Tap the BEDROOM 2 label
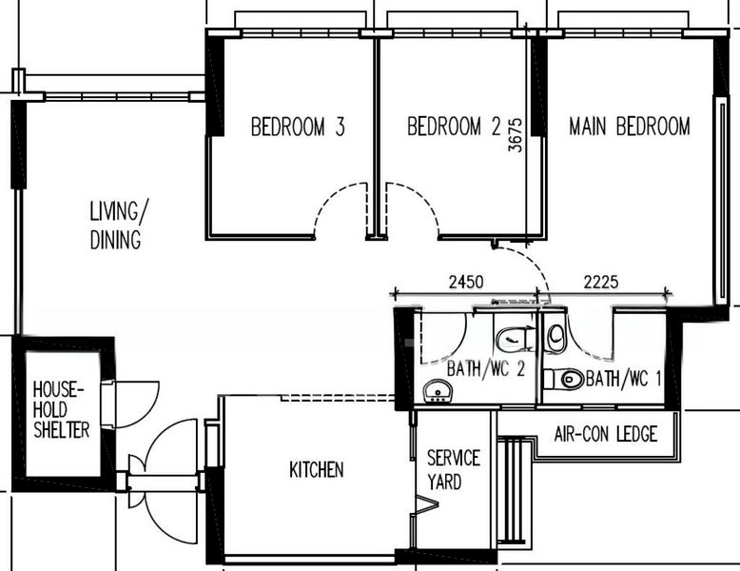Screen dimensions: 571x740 (454, 127)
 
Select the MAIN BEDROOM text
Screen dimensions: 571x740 (629, 127)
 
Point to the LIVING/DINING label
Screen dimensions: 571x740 (116, 225)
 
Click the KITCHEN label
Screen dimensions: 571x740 (316, 469)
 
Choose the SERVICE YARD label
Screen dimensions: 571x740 (453, 470)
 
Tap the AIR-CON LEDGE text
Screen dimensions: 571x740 (606, 435)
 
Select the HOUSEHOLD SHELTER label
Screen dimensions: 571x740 (61, 410)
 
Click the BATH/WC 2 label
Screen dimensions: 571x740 (486, 369)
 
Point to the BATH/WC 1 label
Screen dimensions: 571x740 (623, 379)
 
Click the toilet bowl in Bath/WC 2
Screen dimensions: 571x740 (514, 338)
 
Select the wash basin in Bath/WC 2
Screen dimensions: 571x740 (438, 390)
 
